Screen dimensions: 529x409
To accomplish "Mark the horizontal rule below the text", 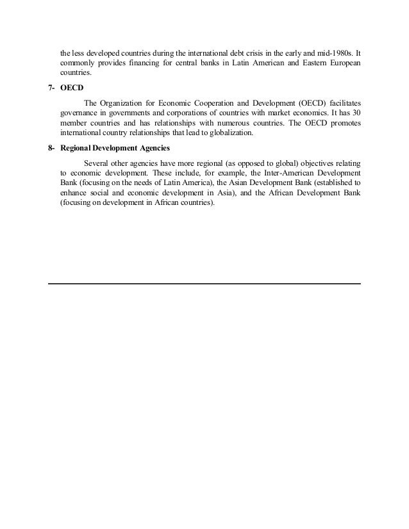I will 204,283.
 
